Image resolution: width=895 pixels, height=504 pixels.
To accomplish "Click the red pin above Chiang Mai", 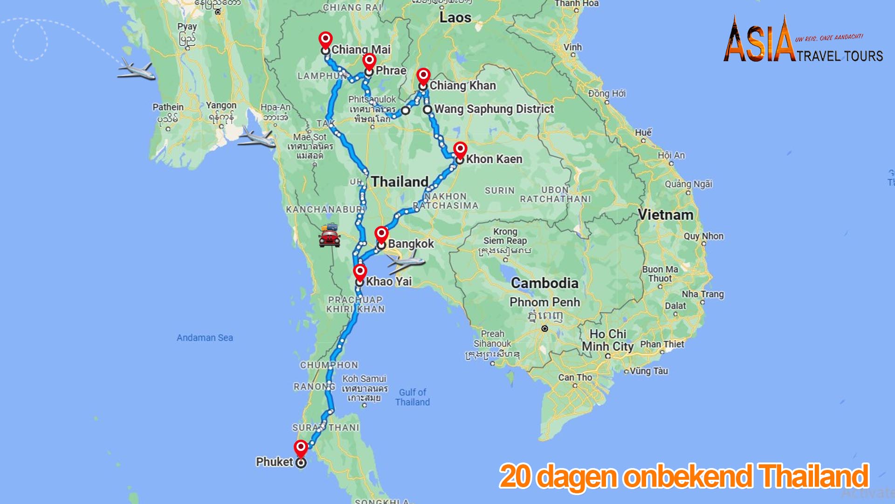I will tap(325, 40).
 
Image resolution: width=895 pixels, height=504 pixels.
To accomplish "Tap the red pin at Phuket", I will tap(301, 448).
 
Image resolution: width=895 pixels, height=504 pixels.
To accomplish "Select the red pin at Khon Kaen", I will tap(460, 150).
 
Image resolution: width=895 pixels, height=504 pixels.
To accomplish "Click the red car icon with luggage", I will tap(330, 235).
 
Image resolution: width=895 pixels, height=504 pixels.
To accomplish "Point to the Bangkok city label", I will tap(411, 244).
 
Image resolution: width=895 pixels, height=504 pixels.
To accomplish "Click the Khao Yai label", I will tap(389, 281).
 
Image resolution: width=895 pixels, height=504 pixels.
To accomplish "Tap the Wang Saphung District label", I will tap(494, 109).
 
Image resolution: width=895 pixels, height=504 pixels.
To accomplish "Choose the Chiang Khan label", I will tap(462, 85).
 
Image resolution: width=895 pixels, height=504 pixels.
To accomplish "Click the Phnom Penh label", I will tap(544, 302).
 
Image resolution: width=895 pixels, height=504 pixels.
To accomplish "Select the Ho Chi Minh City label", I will tap(607, 340).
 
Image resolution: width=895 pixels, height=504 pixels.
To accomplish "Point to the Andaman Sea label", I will tap(205, 338).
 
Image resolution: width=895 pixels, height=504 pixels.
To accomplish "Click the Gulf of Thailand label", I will tap(413, 397).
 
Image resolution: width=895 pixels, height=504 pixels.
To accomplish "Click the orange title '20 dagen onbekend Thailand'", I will tap(684, 476).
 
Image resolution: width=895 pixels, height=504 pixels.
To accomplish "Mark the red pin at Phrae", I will tap(369, 61).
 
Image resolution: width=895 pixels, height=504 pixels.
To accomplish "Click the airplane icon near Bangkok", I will tap(406, 263).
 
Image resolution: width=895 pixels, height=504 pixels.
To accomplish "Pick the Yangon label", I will tap(221, 106).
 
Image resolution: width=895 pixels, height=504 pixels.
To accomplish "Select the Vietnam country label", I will tap(665, 215).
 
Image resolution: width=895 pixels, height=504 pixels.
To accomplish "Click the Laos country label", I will tap(455, 18).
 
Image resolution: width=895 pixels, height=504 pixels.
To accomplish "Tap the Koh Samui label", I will tap(365, 379).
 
